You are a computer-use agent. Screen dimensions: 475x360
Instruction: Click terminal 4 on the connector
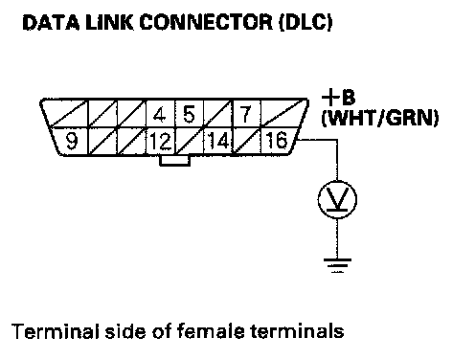(x=160, y=114)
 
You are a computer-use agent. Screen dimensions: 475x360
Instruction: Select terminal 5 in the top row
(x=189, y=114)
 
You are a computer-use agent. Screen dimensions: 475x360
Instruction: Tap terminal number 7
(x=246, y=114)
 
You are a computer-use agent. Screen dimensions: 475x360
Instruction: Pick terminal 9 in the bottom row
(x=71, y=141)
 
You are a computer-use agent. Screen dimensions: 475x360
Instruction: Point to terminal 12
(x=161, y=141)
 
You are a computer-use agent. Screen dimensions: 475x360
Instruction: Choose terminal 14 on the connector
(x=218, y=141)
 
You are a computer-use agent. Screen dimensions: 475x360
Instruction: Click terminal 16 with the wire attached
(x=277, y=141)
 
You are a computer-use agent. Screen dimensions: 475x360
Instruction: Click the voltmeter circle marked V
(x=337, y=200)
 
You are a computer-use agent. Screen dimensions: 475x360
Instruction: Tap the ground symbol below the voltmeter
(x=337, y=265)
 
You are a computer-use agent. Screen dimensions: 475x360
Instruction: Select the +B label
(x=338, y=98)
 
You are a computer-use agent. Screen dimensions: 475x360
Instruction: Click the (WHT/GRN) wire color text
(x=380, y=118)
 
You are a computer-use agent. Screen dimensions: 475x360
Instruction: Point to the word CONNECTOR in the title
(x=206, y=23)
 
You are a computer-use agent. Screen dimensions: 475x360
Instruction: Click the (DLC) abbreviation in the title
(x=305, y=23)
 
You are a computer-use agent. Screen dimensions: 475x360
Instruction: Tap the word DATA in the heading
(x=51, y=23)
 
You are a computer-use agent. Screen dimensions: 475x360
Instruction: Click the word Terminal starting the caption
(x=56, y=331)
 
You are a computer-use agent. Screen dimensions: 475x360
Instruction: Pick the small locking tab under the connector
(x=175, y=161)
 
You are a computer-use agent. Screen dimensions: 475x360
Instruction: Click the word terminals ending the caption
(x=297, y=331)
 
